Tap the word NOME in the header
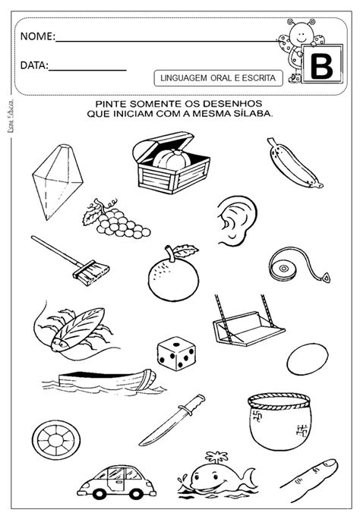click(x=36, y=36)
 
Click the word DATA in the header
click(x=33, y=66)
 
